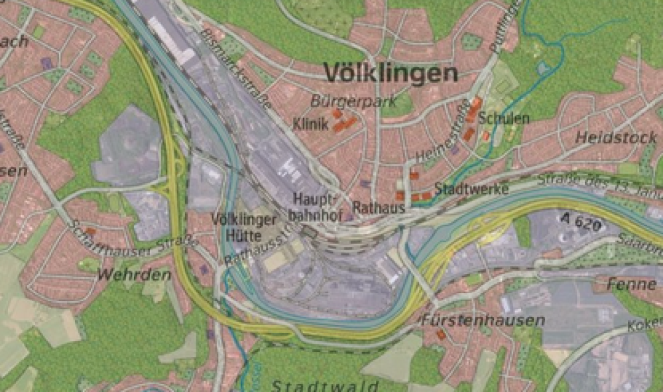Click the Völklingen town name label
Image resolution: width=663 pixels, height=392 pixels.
pyautogui.click(x=391, y=74)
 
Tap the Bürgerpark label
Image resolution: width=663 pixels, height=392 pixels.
pyautogui.click(x=353, y=102)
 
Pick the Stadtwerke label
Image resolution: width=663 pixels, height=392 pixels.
pyautogui.click(x=471, y=190)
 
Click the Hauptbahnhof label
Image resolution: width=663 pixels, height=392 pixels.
pyautogui.click(x=315, y=206)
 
